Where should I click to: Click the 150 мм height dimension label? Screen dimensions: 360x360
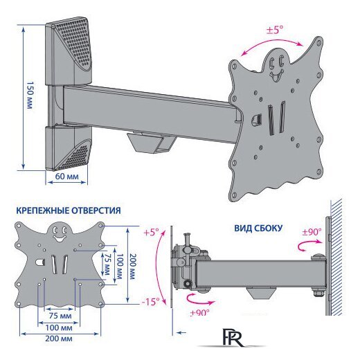[x=30, y=95]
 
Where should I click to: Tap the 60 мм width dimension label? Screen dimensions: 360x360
[x=66, y=177]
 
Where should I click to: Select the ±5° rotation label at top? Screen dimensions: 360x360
[x=275, y=30]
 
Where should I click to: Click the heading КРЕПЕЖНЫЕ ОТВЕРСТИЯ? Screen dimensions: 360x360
[x=69, y=210]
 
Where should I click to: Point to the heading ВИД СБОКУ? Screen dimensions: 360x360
[x=258, y=228]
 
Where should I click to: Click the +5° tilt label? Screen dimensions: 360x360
[x=152, y=233]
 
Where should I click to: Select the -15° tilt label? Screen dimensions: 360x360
[x=150, y=302]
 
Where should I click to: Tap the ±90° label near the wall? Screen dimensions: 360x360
[x=312, y=232]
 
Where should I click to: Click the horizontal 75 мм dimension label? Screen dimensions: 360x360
[x=60, y=316]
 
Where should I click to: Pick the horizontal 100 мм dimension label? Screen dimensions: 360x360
[x=59, y=327]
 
